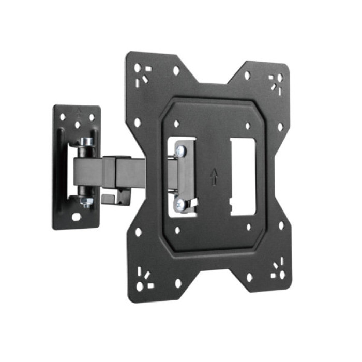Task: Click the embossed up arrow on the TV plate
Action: pos(215,177)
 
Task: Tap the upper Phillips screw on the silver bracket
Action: pos(179,152)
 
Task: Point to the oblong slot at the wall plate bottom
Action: pos(77,217)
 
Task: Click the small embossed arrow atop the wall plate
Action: pos(77,110)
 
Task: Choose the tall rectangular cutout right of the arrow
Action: pos(243,176)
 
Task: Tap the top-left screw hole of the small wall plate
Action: pos(63,117)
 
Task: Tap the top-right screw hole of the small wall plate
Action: pos(92,117)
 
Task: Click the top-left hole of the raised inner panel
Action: pos(176,124)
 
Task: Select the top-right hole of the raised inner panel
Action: pos(248,126)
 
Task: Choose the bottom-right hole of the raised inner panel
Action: pos(248,227)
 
